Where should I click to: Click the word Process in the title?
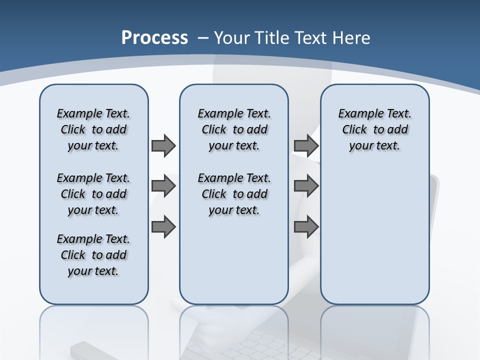[154, 38]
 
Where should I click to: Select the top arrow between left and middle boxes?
[163, 146]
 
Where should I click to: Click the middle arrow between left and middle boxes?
[163, 186]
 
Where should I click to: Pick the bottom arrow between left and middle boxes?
[163, 227]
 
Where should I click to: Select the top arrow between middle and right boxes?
[306, 146]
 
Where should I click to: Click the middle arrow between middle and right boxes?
[306, 186]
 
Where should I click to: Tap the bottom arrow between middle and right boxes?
[306, 227]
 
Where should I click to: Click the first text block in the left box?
[93, 129]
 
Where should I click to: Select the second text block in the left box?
[93, 194]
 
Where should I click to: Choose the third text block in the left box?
[93, 255]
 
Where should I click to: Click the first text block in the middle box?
[234, 129]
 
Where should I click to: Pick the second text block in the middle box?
[234, 194]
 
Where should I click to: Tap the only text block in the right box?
[374, 129]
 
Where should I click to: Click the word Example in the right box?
[357, 114]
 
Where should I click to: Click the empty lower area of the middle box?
[234, 260]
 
